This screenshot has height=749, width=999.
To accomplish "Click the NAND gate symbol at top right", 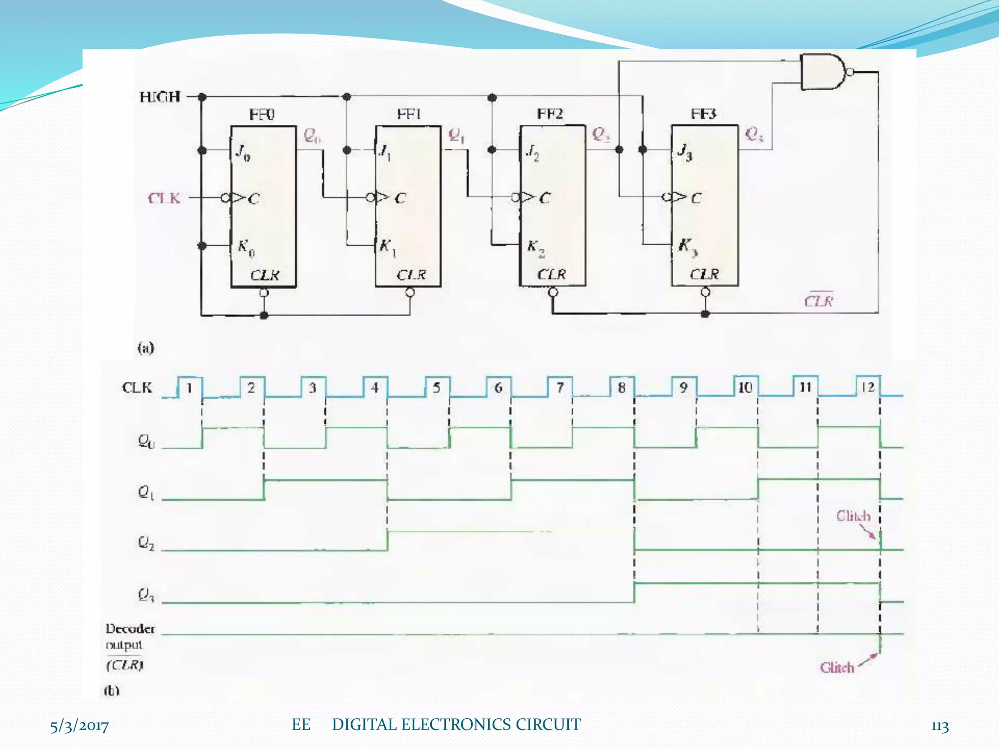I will coord(823,72).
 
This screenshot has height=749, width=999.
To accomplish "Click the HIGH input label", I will coord(160,97).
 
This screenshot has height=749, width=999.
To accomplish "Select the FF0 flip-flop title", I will coord(262,115).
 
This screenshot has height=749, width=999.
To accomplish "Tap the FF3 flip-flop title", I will coord(703,114).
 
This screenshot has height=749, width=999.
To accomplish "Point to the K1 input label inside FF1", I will coord(387,247).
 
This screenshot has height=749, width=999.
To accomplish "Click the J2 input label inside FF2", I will coord(532,153).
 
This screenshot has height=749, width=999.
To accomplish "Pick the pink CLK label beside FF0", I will coord(164,198).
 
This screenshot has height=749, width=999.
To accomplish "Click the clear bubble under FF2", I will coord(553,293).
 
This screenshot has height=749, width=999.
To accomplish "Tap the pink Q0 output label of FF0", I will coord(312,135).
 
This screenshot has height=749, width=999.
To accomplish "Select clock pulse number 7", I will coord(560,388).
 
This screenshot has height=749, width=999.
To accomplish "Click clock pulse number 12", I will coord(868,387).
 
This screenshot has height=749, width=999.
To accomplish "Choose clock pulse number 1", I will coord(189,388).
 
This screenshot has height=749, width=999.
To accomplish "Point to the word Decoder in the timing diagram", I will coord(130,629).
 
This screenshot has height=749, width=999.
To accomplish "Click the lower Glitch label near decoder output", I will coord(837,668).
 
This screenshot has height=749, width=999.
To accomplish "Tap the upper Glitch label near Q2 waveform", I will coord(853,516).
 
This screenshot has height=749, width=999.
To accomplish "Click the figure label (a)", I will coord(145,348).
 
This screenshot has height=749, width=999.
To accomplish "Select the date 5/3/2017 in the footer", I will coord(80,726).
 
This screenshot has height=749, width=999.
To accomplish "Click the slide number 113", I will coord(939,726).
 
